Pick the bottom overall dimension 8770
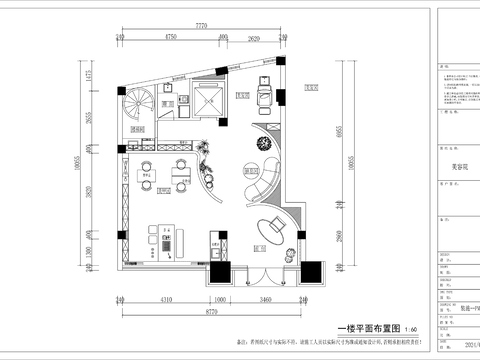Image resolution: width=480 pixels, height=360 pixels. [207, 312]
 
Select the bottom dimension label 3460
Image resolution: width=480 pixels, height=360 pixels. [267, 299]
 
